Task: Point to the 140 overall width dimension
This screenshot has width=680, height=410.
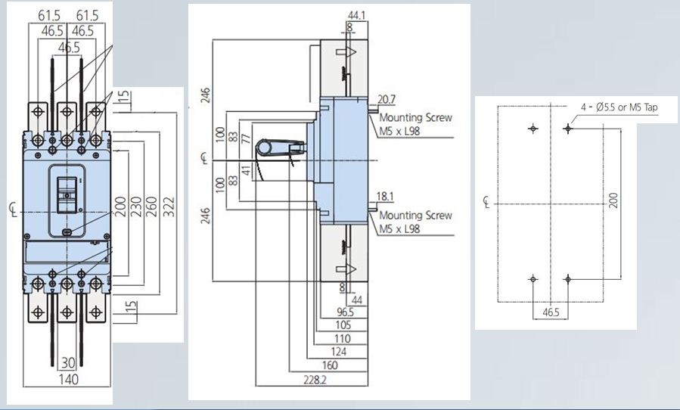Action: click(68, 379)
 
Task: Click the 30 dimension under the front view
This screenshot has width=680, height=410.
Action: click(68, 364)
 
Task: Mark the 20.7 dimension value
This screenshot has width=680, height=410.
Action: click(387, 100)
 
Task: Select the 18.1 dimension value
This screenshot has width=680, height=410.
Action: click(386, 197)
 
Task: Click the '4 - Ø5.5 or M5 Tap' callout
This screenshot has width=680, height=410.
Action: click(619, 108)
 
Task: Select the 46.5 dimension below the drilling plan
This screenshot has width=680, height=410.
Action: click(550, 311)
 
